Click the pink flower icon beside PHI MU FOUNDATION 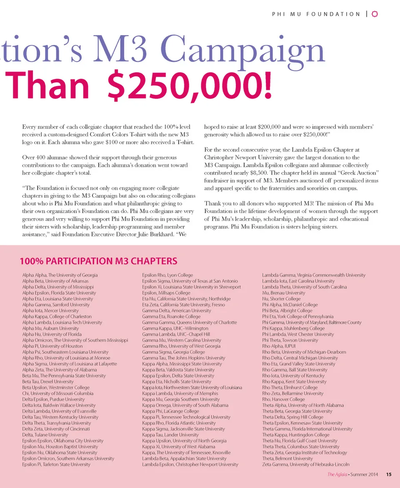pyautogui.click(x=374, y=14)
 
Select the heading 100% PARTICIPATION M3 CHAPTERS pyautogui.click(x=98, y=262)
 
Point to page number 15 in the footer pyautogui.click(x=389, y=474)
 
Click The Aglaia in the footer pyautogui.click(x=336, y=474)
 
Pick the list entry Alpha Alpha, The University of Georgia pyautogui.click(x=60, y=275)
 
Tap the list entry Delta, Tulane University pyautogui.click(x=45, y=435)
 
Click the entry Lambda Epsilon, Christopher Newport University pyautogui.click(x=190, y=464)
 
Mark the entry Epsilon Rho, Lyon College pyautogui.click(x=167, y=275)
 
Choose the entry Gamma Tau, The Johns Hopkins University pyautogui.click(x=183, y=358)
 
